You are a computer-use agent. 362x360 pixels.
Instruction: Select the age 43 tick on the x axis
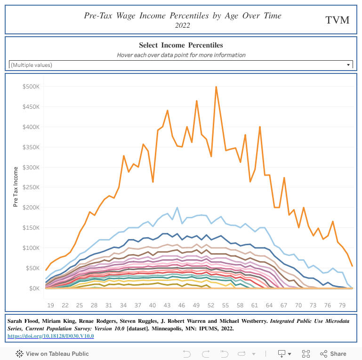point(167,305)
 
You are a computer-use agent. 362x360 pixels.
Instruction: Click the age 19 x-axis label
point(50,305)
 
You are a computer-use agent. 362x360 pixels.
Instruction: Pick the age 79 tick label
point(342,305)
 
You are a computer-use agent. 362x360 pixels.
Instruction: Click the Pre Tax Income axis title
point(16,187)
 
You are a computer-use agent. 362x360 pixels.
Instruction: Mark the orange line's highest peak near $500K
point(216,87)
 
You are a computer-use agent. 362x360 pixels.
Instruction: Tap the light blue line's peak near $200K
point(177,208)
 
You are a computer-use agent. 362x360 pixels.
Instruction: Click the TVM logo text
point(338,20)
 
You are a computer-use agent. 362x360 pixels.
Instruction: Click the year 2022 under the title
point(182,25)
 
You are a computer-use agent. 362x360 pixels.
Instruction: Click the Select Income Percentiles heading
point(181,45)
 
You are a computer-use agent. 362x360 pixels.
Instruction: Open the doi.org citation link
point(51,336)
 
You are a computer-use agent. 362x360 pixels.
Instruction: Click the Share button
point(333,353)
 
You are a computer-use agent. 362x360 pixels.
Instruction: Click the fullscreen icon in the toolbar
point(306,353)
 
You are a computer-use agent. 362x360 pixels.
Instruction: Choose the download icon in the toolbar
point(282,353)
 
